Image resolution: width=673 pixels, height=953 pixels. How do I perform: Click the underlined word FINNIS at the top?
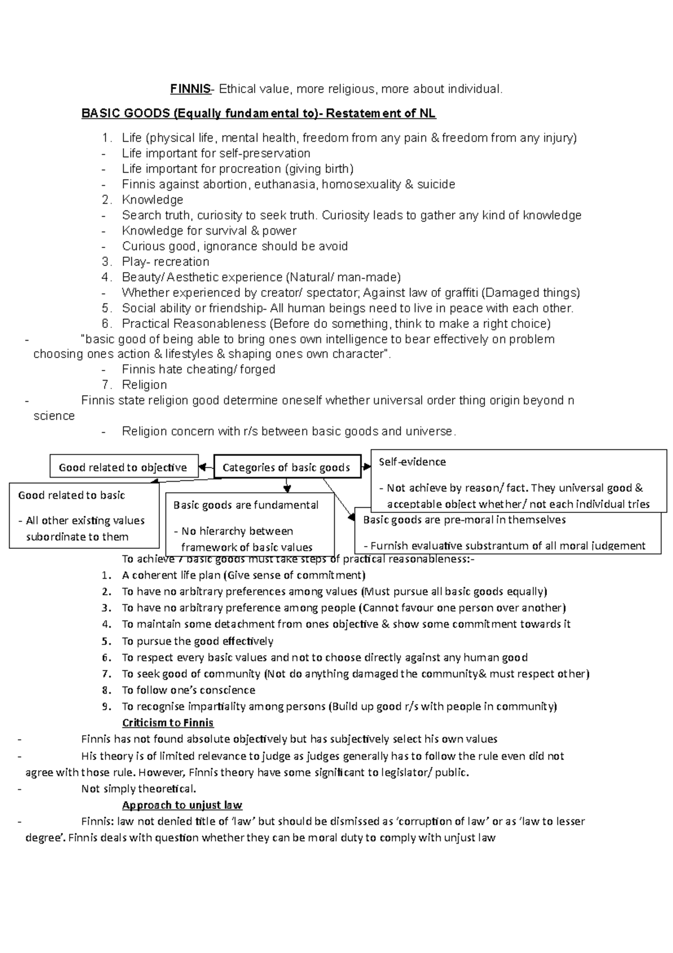(x=191, y=89)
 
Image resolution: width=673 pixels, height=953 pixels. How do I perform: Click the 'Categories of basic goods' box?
(x=287, y=467)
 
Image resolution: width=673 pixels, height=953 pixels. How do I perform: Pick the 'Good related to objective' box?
(x=123, y=467)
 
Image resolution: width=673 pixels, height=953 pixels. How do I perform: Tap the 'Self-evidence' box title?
(x=412, y=461)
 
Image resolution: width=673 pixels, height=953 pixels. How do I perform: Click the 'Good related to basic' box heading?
(x=71, y=495)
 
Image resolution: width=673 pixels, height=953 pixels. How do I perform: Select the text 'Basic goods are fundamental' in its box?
(x=246, y=505)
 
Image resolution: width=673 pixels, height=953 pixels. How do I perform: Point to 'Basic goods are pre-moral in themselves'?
(x=464, y=520)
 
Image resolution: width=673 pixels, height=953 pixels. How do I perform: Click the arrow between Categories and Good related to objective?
(x=206, y=467)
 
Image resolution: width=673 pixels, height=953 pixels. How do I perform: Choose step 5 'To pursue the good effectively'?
(x=197, y=641)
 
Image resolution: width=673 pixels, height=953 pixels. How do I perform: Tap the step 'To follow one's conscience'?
(x=188, y=690)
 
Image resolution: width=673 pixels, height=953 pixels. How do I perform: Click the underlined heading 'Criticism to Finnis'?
(x=168, y=723)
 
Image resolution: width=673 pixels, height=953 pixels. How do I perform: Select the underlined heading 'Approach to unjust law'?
(x=182, y=805)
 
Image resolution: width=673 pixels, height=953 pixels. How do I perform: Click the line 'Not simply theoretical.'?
(x=139, y=789)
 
